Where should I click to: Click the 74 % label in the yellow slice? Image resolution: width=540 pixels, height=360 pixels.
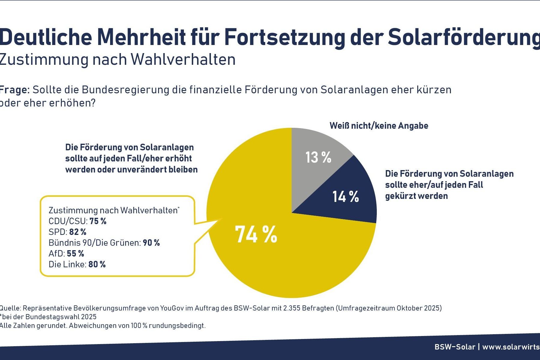[x=256, y=234]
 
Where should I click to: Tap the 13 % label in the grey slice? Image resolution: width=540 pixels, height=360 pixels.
[x=318, y=157]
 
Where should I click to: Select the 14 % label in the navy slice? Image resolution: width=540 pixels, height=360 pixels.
[x=346, y=197]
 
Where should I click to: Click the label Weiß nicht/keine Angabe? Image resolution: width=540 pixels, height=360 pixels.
[x=379, y=126]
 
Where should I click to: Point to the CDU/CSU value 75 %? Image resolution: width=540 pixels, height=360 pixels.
[x=98, y=221]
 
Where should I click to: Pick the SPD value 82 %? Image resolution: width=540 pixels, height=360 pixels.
[x=78, y=232]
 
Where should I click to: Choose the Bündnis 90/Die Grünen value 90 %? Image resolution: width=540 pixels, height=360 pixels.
[x=151, y=243]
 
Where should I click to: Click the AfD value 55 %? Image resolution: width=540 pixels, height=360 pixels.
[x=75, y=253]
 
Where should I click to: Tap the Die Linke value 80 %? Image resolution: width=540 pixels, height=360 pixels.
[x=97, y=264]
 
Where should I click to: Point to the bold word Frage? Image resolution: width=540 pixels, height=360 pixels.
[x=14, y=90]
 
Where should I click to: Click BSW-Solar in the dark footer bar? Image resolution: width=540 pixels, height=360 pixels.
[x=455, y=347]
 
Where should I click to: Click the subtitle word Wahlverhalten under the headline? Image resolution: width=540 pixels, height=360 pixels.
[x=183, y=59]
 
